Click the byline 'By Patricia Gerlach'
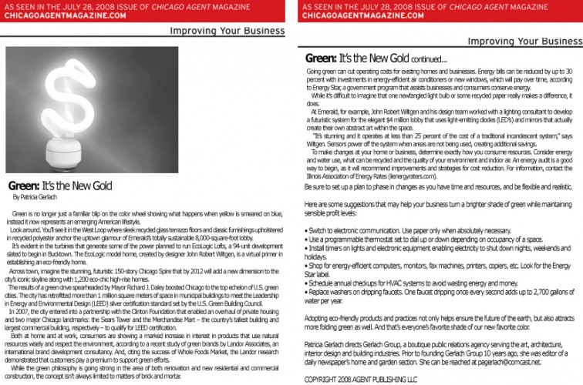pyautogui.click(x=39, y=197)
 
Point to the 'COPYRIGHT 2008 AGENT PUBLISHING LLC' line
pyautogui.click(x=360, y=380)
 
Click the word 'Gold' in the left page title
pyautogui.click(x=100, y=186)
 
